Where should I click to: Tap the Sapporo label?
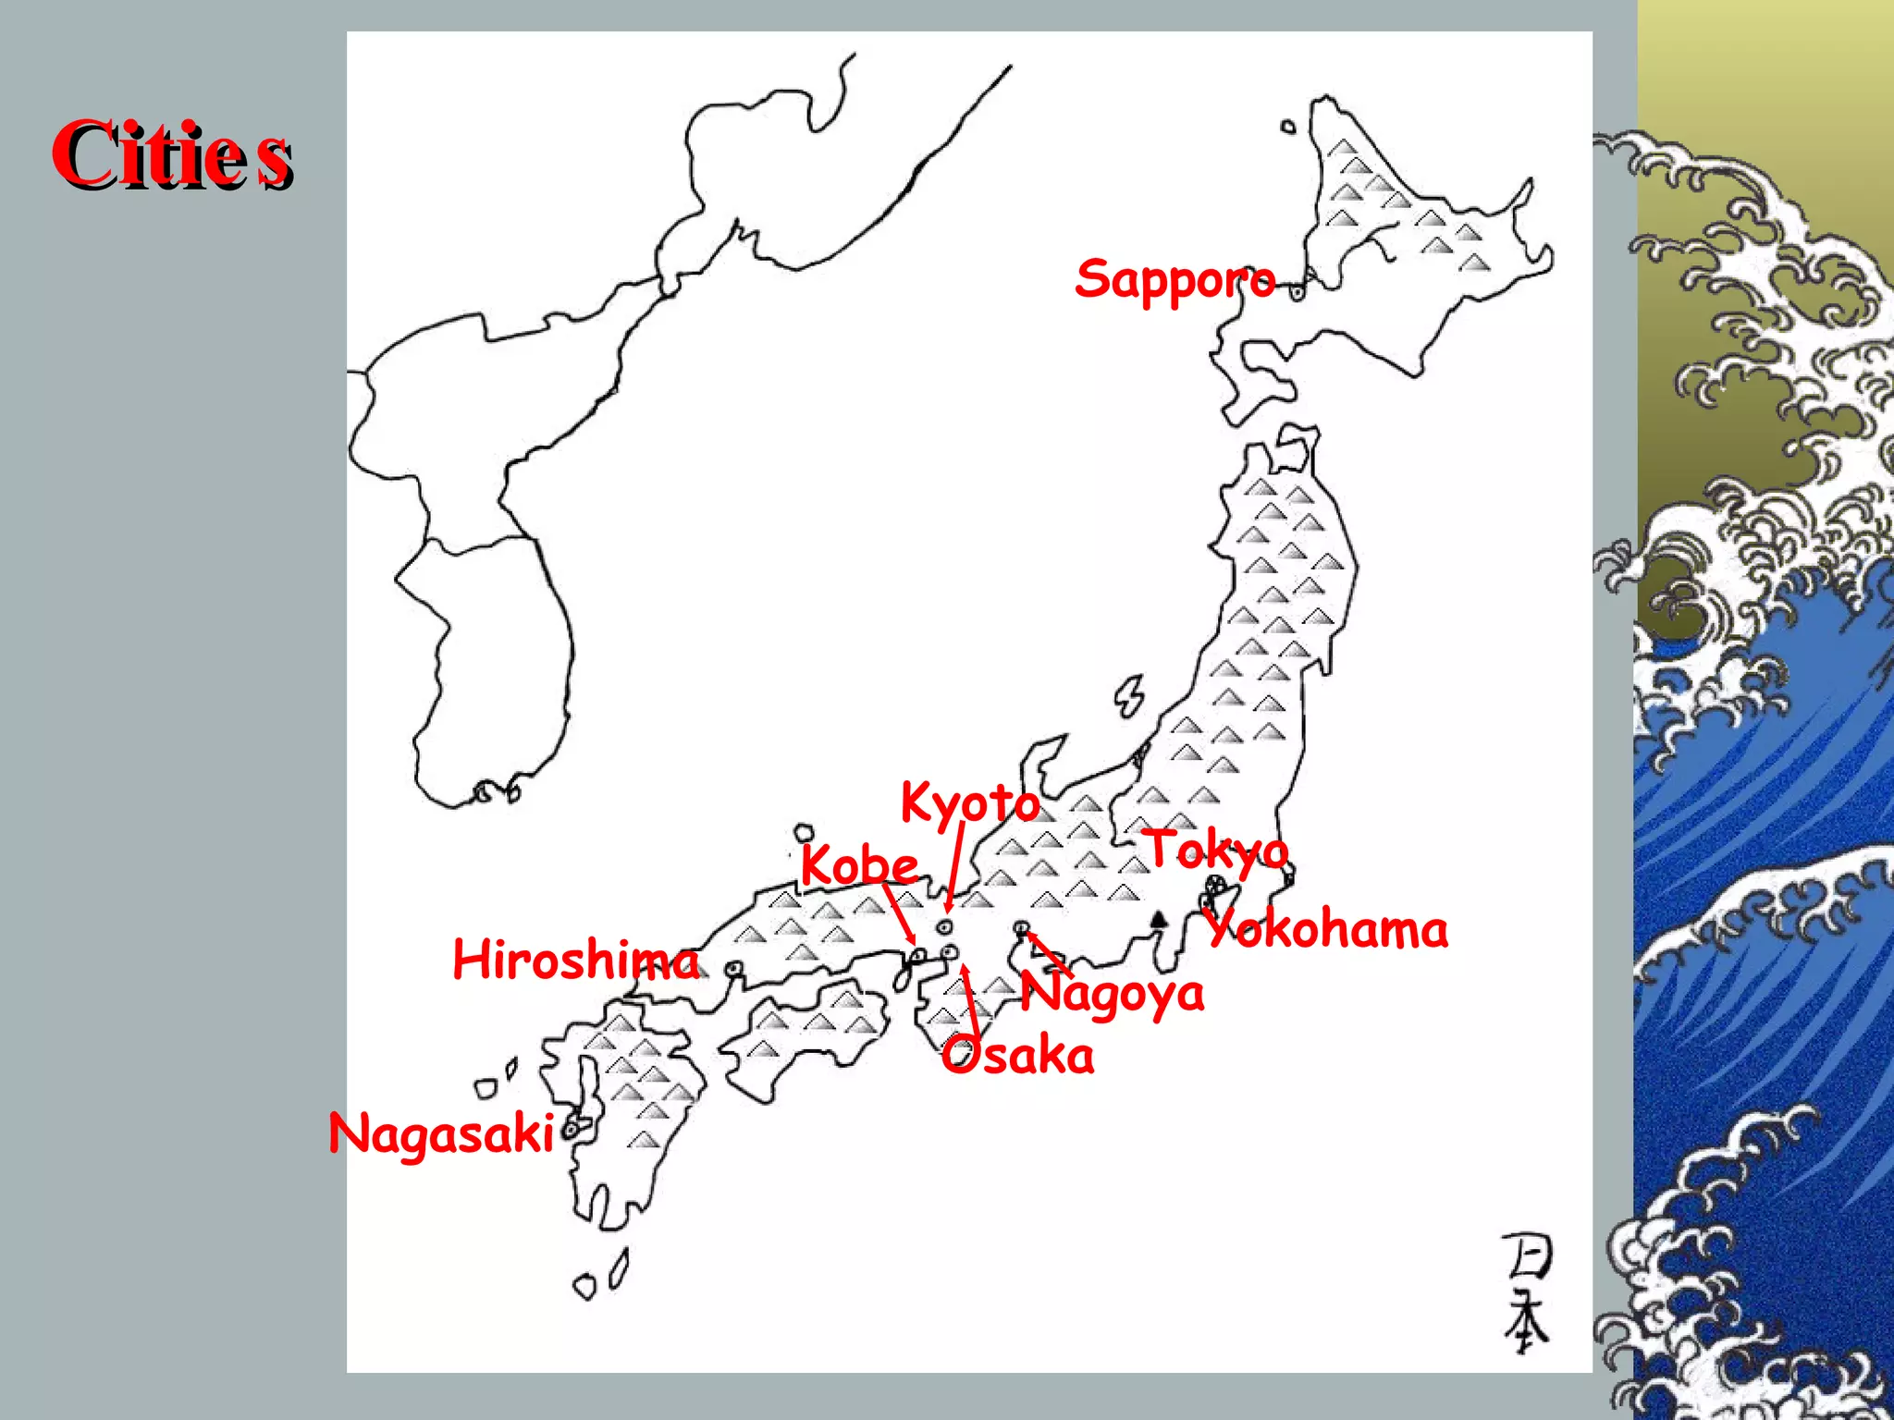(x=1175, y=279)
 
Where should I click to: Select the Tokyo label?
(x=1217, y=851)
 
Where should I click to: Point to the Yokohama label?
(x=1328, y=929)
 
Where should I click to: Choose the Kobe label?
(x=859, y=865)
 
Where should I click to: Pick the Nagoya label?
(x=1113, y=994)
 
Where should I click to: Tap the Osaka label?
(x=1018, y=1056)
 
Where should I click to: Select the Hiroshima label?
(x=575, y=960)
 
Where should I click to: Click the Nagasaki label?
(x=441, y=1133)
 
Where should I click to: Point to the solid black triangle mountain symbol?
(x=1158, y=918)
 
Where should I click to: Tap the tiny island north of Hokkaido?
(x=1288, y=127)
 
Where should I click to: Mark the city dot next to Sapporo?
(x=1298, y=293)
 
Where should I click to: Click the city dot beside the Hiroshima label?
(x=734, y=969)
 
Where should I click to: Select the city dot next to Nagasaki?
(x=572, y=1128)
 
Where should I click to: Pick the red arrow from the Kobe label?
(x=899, y=912)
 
